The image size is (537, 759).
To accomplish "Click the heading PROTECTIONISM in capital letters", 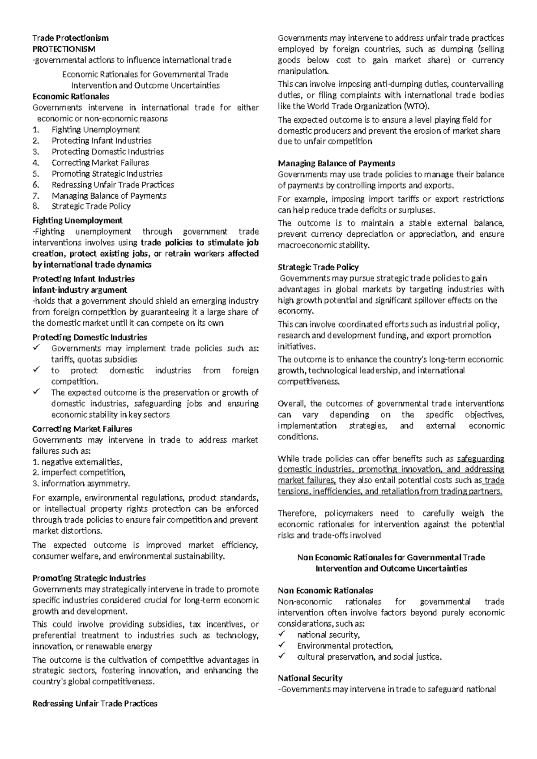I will point(64,49).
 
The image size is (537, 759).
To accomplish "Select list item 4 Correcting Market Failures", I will point(100,163).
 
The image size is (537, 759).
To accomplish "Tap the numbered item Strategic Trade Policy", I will point(91,206).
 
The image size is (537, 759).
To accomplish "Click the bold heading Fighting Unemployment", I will point(77,221).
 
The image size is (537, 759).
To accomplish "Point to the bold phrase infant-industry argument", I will point(80,290).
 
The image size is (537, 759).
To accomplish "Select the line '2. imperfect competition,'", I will point(79,473).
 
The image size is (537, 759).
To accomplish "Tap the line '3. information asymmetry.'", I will point(81,483).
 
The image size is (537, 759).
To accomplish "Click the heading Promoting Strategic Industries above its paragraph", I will point(89,578).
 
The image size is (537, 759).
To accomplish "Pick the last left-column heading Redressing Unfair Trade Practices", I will point(95,704).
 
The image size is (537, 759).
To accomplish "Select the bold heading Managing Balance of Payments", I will point(336,163).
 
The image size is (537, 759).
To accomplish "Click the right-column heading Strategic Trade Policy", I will point(318,267).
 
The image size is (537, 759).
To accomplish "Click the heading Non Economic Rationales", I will point(325,591).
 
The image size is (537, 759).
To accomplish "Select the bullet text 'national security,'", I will point(328,635).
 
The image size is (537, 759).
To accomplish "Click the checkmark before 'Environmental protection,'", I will point(281,645).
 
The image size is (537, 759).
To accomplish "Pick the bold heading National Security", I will point(310,678).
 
